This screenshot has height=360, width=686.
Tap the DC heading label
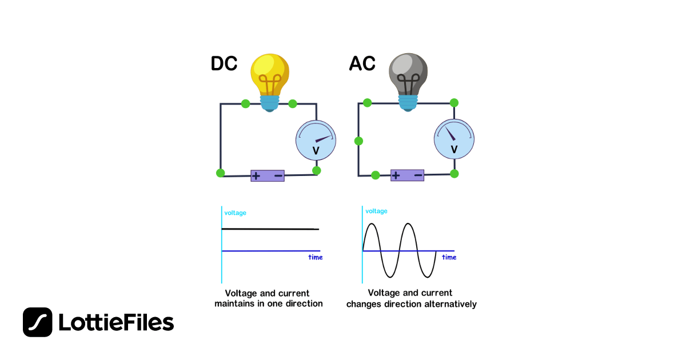[224, 64]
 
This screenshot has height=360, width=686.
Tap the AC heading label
[362, 64]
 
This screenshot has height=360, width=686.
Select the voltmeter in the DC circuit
[316, 141]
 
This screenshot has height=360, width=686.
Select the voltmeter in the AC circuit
[454, 139]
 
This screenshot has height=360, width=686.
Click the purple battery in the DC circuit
[268, 175]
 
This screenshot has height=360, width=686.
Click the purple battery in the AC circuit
[407, 175]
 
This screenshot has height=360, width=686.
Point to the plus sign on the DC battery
[256, 175]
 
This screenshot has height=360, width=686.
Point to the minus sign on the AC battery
[418, 175]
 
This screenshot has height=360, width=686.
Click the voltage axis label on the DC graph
[235, 213]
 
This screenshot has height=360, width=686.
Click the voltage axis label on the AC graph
[376, 211]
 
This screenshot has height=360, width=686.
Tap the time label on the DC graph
[316, 257]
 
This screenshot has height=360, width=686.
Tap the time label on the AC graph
[449, 257]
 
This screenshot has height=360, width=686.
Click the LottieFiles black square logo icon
[38, 322]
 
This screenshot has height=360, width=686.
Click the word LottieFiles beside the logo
[116, 323]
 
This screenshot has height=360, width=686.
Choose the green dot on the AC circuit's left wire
[358, 141]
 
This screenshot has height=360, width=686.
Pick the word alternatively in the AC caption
[450, 304]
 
